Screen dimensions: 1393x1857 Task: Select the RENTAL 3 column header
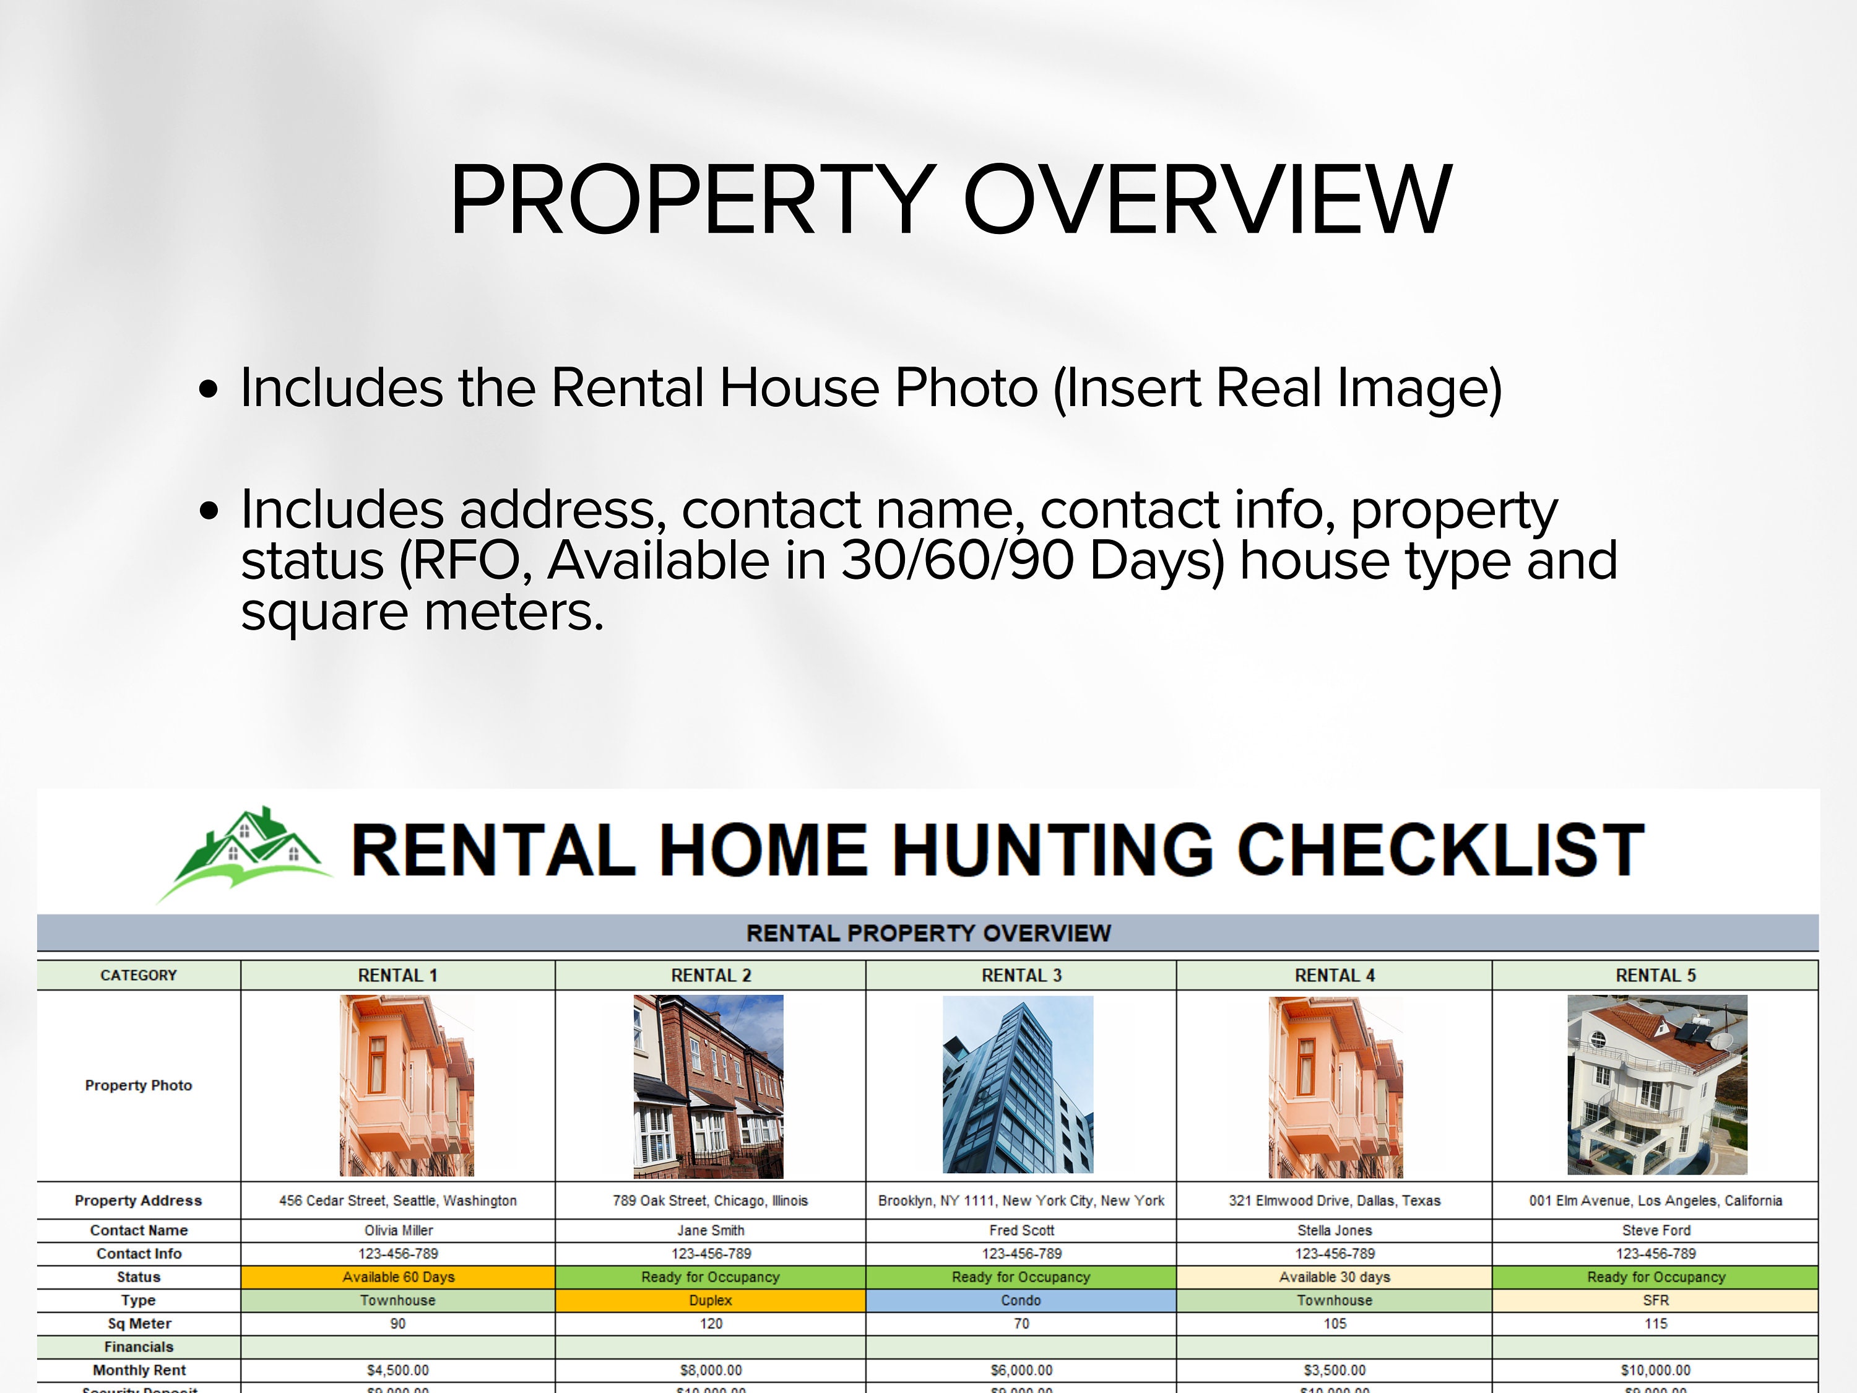point(1021,975)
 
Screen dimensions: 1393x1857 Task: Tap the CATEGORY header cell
point(139,975)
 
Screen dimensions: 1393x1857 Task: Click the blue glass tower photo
point(1018,1085)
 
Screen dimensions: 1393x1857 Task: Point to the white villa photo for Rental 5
point(1656,1085)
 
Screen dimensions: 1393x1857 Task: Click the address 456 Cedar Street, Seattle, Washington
point(398,1200)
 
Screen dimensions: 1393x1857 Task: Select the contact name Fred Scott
point(1021,1230)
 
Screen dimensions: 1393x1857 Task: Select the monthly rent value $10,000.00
point(1656,1370)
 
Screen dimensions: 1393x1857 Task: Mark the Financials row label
point(139,1347)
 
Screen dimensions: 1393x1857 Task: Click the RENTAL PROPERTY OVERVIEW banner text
point(928,933)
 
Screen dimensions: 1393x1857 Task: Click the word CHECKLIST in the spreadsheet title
point(1440,850)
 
